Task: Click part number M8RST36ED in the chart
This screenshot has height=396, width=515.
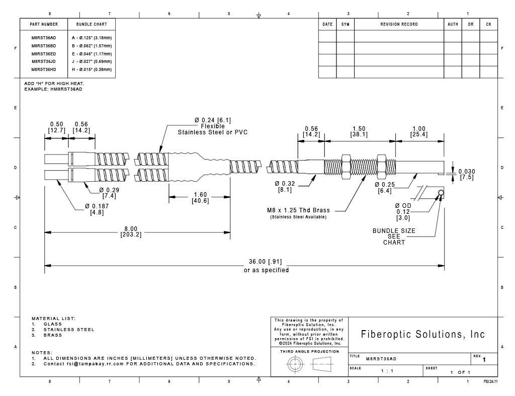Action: pos(44,54)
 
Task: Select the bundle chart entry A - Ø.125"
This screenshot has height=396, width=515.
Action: pos(92,38)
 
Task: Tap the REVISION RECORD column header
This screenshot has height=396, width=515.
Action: pos(399,24)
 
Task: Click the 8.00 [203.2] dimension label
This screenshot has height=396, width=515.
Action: pos(131,231)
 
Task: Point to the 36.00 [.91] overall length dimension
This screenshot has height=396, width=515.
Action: pos(265,262)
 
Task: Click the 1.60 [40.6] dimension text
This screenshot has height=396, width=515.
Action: pos(200,198)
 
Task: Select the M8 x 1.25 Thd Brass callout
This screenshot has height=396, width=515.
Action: pos(298,210)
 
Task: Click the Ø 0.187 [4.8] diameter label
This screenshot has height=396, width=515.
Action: pos(97,209)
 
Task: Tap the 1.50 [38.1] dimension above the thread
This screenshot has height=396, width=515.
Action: pos(359,131)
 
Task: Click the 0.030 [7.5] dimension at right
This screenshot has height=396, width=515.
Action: pos(467,174)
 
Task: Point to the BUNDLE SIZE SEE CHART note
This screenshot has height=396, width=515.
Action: pos(394,236)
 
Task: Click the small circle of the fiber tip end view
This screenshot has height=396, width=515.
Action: pos(441,193)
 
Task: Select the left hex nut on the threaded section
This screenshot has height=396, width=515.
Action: pos(346,167)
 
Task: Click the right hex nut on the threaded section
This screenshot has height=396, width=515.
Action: pos(381,167)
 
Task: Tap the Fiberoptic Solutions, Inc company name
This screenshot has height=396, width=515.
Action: pos(422,334)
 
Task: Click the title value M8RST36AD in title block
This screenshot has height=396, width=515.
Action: pos(381,359)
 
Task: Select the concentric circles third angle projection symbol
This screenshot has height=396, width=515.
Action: pos(295,364)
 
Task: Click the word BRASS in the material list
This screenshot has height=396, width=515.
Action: pos(52,335)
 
